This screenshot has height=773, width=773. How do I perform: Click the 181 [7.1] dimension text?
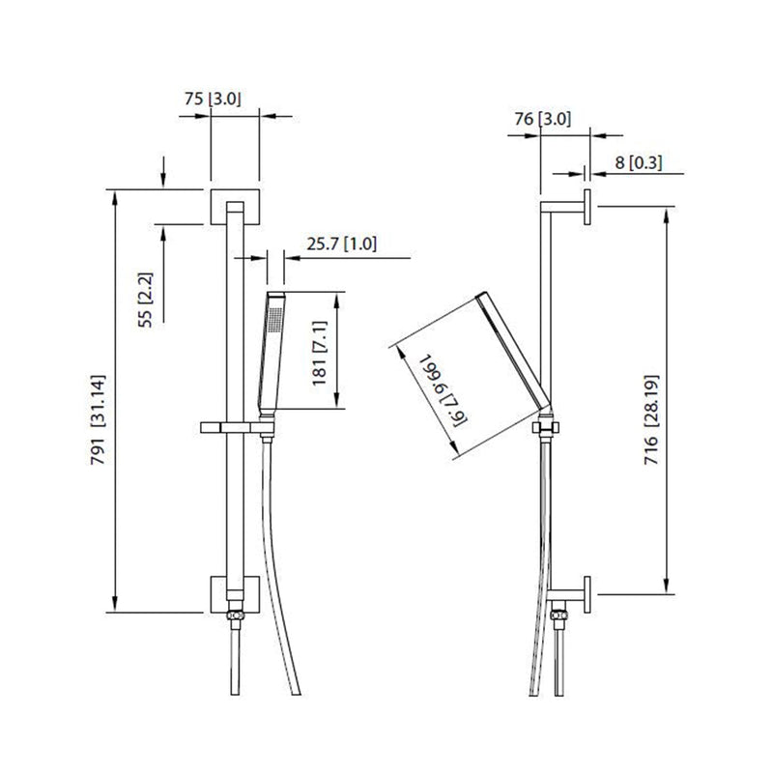click(x=320, y=352)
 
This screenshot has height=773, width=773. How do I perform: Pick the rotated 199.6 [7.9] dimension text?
click(x=433, y=387)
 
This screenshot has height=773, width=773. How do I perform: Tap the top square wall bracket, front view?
click(x=234, y=206)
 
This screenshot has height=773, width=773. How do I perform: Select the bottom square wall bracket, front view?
click(x=234, y=592)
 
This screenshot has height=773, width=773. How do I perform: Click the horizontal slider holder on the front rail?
click(x=232, y=426)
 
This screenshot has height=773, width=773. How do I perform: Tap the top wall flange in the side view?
click(x=587, y=208)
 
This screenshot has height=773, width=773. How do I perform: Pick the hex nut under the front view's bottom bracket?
click(x=234, y=617)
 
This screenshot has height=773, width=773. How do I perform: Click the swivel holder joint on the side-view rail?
click(x=547, y=425)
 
